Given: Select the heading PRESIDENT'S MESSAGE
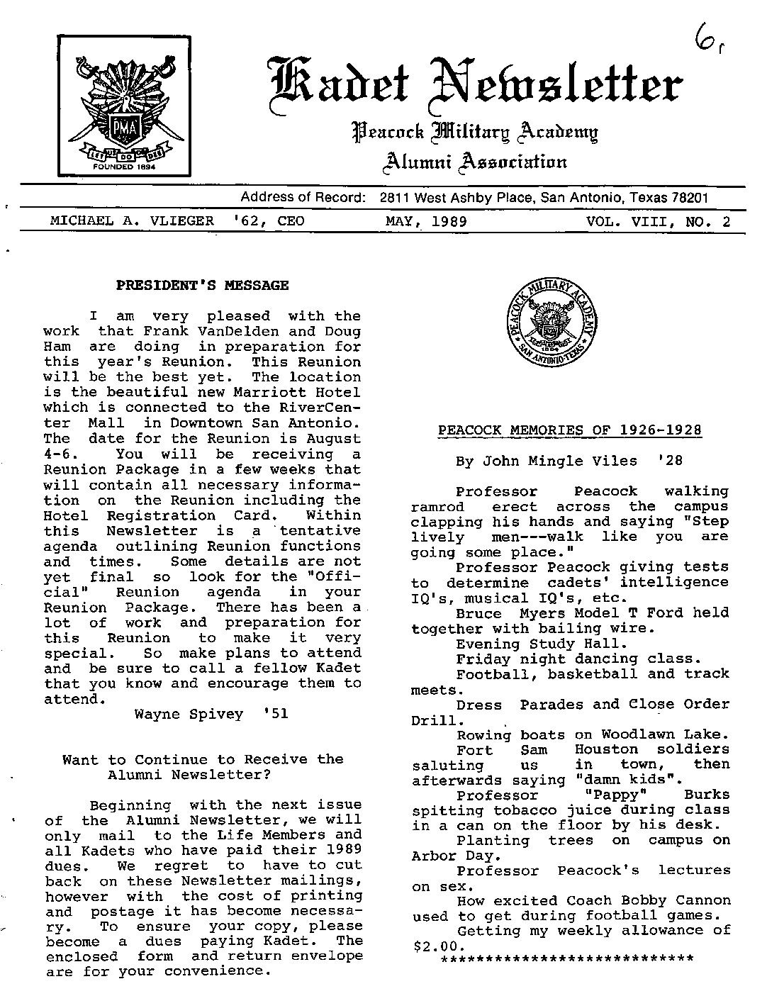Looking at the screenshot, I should (x=202, y=286).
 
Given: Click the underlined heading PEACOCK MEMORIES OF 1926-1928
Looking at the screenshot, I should (x=570, y=430).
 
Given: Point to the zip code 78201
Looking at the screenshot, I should (x=688, y=198).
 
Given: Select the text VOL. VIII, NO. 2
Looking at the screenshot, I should (x=658, y=221).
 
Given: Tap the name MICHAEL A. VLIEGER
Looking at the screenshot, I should (x=131, y=221).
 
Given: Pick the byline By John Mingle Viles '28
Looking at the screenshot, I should (x=569, y=461).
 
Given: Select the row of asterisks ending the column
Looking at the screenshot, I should (x=566, y=960).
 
